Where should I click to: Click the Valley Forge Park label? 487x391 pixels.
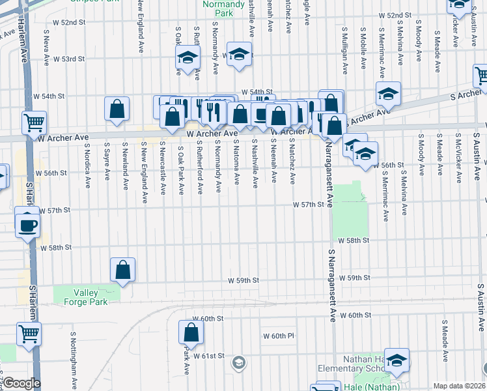pyautogui.click(x=90, y=297)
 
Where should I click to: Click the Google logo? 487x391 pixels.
pyautogui.click(x=21, y=384)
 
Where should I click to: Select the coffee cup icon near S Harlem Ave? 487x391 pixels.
pyautogui.click(x=27, y=224)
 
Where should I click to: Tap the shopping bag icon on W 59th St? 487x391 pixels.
pyautogui.click(x=122, y=269)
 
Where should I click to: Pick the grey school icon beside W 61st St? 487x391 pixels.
pyautogui.click(x=239, y=362)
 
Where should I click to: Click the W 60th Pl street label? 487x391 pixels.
pyautogui.click(x=279, y=336)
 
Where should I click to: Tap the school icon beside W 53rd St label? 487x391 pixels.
pyautogui.click(x=239, y=54)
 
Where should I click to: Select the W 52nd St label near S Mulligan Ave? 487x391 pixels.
pyautogui.click(x=398, y=14)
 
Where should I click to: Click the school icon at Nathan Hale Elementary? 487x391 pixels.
pyautogui.click(x=397, y=360)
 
